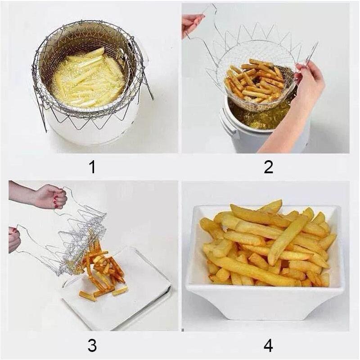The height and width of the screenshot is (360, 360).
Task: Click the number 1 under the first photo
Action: click(x=92, y=167)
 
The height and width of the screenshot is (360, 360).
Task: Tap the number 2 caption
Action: click(x=268, y=167)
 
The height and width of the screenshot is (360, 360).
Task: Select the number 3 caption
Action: click(x=92, y=345)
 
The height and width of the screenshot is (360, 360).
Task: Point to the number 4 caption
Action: click(x=268, y=345)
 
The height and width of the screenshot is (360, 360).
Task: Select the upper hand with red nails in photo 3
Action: click(x=49, y=197)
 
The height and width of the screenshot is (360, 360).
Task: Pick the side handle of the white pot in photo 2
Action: click(x=229, y=122)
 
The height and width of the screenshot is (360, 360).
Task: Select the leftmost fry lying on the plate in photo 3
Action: click(x=87, y=296)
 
